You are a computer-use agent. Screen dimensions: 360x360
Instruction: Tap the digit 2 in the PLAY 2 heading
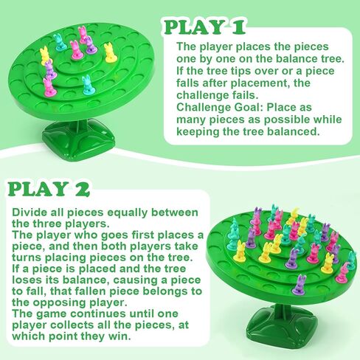pos(82,189)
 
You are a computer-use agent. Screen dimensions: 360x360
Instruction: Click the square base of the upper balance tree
pos(79,140)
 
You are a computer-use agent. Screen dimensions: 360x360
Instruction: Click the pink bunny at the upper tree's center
pos(75,50)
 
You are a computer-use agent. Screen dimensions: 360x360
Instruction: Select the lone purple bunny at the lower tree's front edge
pos(299,285)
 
